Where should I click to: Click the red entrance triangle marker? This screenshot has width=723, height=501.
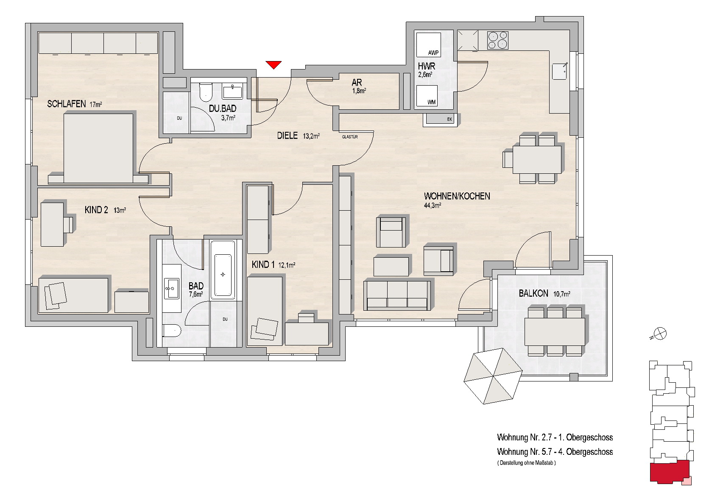pos(274,65)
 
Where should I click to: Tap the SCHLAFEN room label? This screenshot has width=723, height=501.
pos(67,104)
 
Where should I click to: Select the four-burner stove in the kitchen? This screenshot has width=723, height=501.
pos(498,40)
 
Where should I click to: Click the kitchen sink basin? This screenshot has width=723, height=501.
pos(559,71)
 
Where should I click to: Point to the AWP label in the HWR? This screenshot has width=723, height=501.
pos(433,53)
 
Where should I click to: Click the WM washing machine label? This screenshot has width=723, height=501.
pos(432,102)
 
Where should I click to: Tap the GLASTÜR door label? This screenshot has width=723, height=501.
pos(350,137)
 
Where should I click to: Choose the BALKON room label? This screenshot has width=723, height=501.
pos(533,293)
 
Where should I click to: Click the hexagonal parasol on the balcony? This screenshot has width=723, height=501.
pos(493,376)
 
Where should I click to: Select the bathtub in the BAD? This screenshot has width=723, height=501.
pos(223,270)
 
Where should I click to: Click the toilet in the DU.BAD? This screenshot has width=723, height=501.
pos(205,92)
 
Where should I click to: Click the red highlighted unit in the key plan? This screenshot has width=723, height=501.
pos(669,472)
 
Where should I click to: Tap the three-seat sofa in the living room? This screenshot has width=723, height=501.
pos(397,295)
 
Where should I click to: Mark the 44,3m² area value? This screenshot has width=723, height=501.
pos(433,206)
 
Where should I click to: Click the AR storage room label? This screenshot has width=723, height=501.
pos(357,83)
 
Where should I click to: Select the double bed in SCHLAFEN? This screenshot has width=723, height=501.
pos(98,148)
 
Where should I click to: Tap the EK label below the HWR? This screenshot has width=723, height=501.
pos(449,120)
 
